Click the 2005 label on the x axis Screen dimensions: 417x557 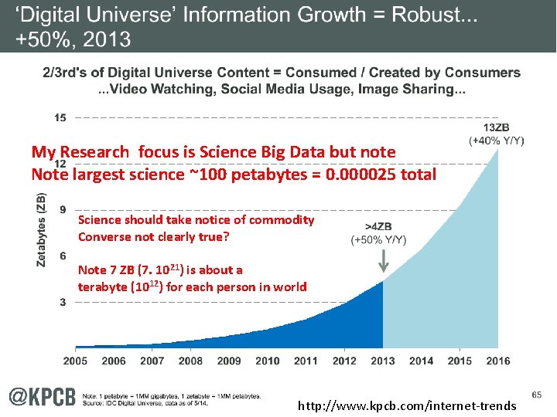click(75, 361)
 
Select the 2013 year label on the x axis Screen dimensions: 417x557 click(383, 361)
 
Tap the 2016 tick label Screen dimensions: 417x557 click(497, 361)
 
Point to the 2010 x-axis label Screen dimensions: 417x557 click(268, 361)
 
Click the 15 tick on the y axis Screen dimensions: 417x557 click(60, 117)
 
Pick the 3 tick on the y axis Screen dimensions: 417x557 click(61, 303)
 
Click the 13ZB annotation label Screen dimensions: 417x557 click(497, 128)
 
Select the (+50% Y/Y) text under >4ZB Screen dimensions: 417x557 click(379, 240)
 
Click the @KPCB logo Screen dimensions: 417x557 click(43, 396)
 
